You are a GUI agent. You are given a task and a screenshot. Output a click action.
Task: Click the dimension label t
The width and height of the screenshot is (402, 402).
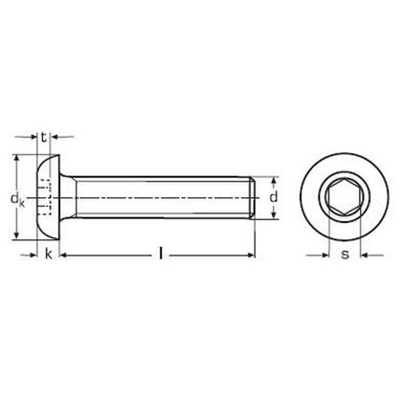45,137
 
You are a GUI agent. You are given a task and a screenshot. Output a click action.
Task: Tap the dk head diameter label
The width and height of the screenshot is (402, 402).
16,200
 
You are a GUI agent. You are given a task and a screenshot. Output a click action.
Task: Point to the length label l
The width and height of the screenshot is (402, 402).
161,254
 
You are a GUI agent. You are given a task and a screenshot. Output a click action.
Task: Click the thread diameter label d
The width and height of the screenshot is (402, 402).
275,198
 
